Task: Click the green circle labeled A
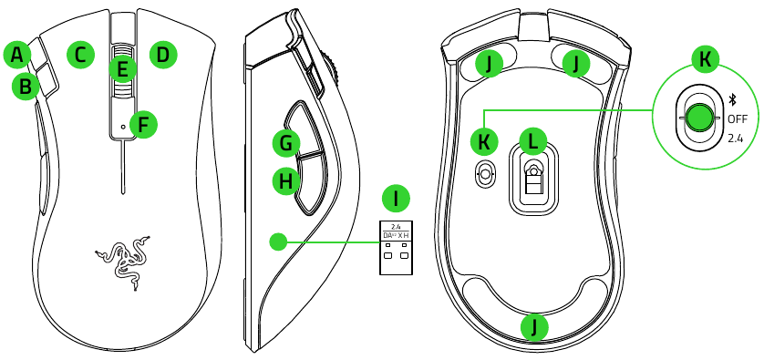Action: [17, 55]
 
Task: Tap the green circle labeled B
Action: [26, 87]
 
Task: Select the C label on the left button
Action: [80, 55]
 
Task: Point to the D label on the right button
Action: [163, 55]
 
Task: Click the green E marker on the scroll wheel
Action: [122, 68]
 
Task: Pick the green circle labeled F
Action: [143, 124]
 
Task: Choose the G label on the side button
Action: [286, 143]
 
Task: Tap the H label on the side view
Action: [286, 181]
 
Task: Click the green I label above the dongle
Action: [396, 199]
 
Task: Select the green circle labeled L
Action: [533, 141]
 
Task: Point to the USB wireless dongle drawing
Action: [396, 247]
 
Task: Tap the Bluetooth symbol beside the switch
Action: [731, 100]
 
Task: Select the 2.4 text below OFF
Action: [735, 139]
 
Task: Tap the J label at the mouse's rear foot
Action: [534, 327]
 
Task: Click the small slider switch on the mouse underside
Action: [484, 172]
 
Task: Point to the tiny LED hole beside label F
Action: [122, 126]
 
